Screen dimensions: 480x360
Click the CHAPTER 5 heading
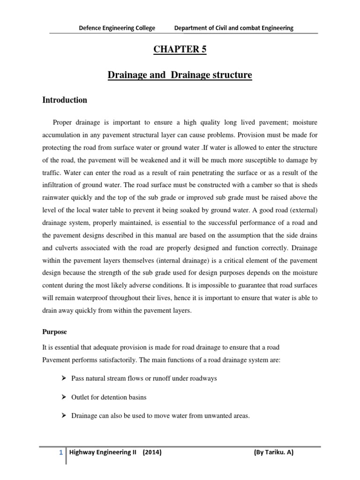point(180,51)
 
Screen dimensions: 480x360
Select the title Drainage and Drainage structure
point(180,75)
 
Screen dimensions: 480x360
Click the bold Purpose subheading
point(54,332)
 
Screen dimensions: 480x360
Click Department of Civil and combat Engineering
point(233,28)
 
